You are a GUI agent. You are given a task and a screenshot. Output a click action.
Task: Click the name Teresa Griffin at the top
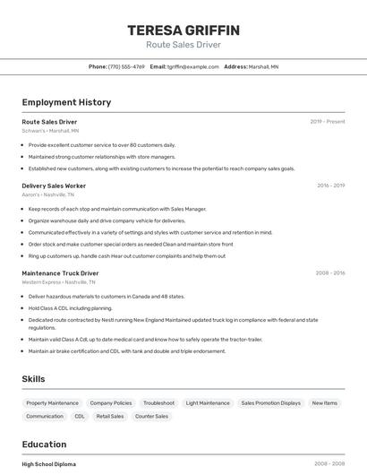click(x=183, y=30)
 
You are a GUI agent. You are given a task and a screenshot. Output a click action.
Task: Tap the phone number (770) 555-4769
click(x=126, y=66)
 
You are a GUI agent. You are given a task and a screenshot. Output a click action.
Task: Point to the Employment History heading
click(x=66, y=102)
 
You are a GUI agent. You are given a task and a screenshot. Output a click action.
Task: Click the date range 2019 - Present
click(x=328, y=121)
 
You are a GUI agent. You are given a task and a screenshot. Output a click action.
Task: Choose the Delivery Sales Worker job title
click(x=54, y=186)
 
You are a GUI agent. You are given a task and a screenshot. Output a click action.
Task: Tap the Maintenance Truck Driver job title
click(x=60, y=272)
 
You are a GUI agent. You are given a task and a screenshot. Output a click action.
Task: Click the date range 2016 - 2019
click(x=330, y=186)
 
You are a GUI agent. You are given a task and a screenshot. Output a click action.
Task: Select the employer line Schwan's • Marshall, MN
click(x=50, y=130)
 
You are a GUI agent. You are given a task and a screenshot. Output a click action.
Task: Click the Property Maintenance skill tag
click(x=52, y=403)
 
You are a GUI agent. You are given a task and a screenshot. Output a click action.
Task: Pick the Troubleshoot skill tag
click(x=158, y=403)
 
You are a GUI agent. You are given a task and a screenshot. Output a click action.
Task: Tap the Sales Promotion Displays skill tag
click(x=270, y=403)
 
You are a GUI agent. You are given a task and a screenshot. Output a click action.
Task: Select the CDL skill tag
click(x=80, y=417)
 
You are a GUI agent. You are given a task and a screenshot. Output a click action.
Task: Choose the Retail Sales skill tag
click(x=110, y=417)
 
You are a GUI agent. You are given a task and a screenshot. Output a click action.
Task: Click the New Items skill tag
click(x=325, y=403)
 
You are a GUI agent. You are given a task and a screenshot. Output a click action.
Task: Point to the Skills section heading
click(x=33, y=379)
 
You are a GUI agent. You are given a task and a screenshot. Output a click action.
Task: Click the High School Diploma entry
click(x=48, y=463)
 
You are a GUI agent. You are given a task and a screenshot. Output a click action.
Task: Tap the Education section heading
click(x=44, y=445)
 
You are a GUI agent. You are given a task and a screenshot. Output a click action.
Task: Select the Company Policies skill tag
click(x=111, y=403)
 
